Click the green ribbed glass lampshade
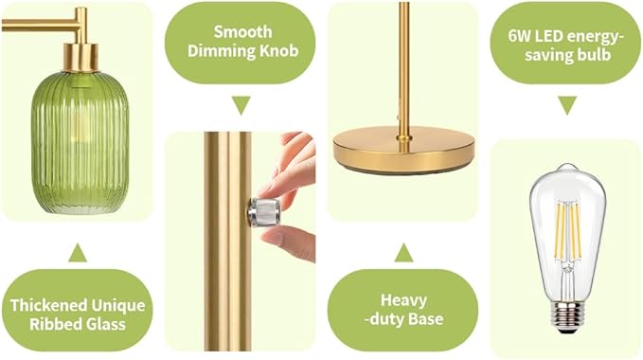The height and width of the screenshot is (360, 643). tap(80, 142)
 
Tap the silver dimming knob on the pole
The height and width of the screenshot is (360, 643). tap(264, 211)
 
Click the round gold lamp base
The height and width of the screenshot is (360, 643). tap(403, 152)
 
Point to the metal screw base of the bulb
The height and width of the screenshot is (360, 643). tap(568, 317)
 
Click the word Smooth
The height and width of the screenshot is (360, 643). tap(242, 31)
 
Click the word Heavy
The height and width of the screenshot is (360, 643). tap(403, 300)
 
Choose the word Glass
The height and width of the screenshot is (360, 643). tap(105, 324)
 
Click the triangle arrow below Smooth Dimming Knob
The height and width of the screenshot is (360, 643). tap(241, 104)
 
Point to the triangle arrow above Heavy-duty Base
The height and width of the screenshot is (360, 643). tap(404, 253)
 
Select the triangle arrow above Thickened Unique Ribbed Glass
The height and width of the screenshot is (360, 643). tap(78, 253)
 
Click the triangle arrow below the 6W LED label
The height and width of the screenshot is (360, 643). tap(567, 105)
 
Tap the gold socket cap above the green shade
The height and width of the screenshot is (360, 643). tap(80, 58)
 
